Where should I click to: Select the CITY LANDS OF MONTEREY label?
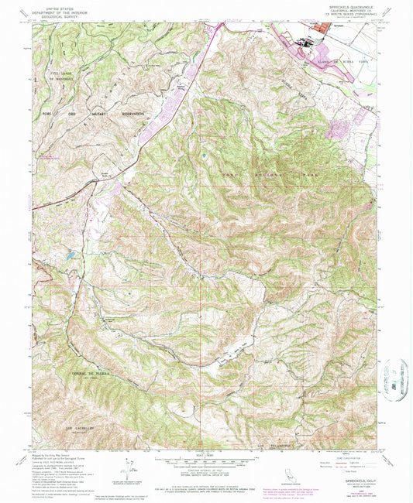pyautogui.click(x=64, y=77)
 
